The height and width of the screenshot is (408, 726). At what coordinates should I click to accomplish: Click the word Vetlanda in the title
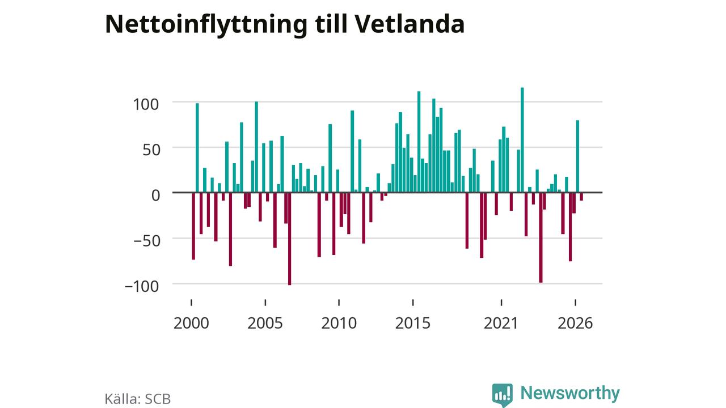pos(410,24)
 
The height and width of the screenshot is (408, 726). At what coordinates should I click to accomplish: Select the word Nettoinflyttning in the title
pos(206,26)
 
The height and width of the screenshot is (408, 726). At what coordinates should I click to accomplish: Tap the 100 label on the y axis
pos(146,105)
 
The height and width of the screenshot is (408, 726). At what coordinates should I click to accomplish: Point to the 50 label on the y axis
pos(151,150)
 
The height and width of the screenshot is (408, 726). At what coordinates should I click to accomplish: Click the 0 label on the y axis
pos(156,195)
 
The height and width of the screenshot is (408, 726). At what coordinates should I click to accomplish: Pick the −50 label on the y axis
pos(147,241)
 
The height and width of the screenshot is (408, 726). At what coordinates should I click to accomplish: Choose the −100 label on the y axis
pos(142,286)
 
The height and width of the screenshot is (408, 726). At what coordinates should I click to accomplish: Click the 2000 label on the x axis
pos(191,323)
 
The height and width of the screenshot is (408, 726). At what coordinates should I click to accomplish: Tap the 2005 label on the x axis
pos(265,323)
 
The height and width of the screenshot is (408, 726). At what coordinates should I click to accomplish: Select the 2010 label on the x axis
pos(339,323)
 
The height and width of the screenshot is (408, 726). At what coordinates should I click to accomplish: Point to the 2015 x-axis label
pos(412,323)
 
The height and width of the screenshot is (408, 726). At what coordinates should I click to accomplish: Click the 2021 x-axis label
pos(501,323)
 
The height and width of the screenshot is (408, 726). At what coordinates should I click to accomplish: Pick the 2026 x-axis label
pos(575,323)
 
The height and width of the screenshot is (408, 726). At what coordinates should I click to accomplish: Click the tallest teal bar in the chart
pos(522,140)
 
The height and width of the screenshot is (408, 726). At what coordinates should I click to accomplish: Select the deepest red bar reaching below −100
pos(290,239)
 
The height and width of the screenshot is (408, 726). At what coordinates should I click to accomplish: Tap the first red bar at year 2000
pos(193,226)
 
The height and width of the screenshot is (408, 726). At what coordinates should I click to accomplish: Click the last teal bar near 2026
pos(577,156)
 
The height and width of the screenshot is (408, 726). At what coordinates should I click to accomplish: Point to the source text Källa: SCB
pos(138,399)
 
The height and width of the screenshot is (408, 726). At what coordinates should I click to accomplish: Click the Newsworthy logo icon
pos(503,395)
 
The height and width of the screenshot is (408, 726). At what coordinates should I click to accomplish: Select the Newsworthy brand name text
pos(570,393)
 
